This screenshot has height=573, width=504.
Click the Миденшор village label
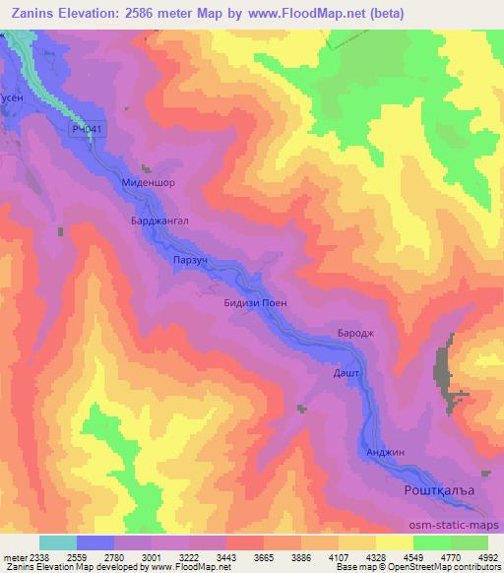(x=148, y=183)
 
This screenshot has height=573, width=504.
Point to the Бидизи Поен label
(x=256, y=303)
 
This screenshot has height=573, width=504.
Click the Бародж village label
(x=355, y=334)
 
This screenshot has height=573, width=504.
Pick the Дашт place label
(x=346, y=374)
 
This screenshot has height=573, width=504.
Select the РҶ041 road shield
(x=87, y=129)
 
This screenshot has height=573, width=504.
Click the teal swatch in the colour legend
(x=58, y=542)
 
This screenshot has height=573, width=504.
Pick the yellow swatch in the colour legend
(x=396, y=542)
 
